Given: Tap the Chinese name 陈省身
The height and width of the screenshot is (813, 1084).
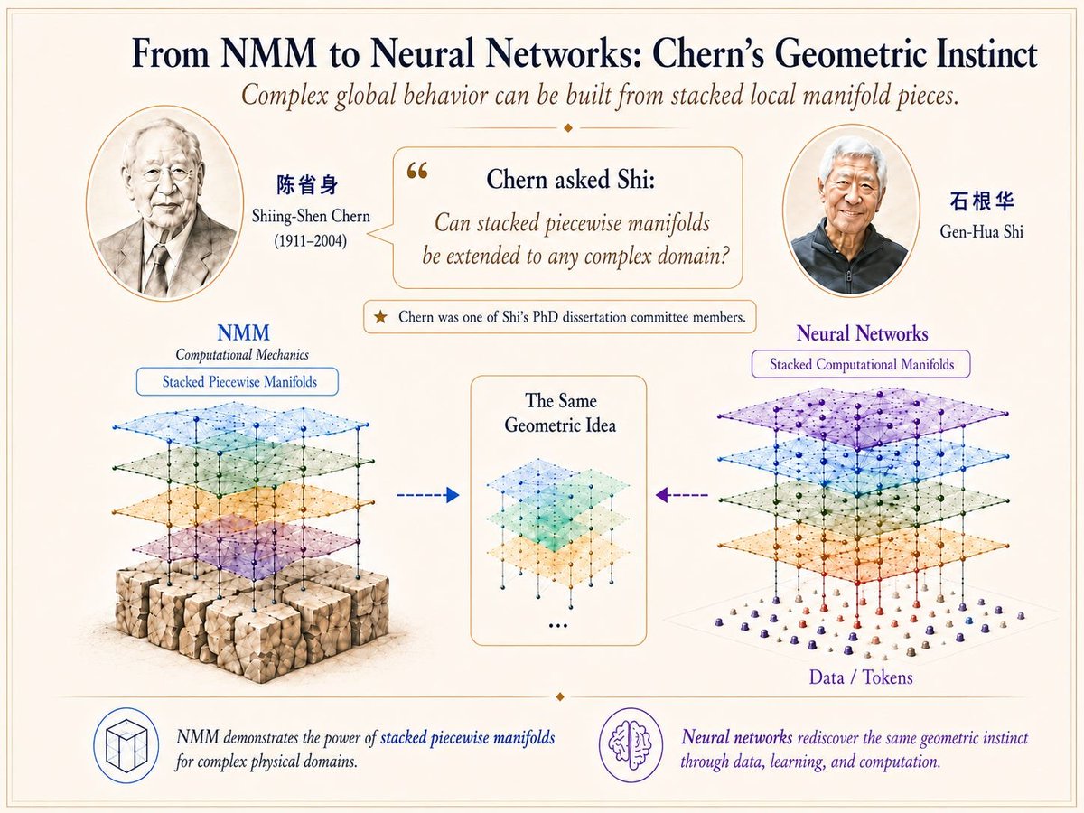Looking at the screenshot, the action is [307, 185].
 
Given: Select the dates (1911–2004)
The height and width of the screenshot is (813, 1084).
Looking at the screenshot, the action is [311, 241].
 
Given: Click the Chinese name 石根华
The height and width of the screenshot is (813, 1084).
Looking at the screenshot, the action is [982, 201].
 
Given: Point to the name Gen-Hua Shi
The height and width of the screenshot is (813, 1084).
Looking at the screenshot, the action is [981, 231].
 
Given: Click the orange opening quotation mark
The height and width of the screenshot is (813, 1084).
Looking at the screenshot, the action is [417, 171].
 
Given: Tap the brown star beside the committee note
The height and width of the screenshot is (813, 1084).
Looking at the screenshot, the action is [380, 317].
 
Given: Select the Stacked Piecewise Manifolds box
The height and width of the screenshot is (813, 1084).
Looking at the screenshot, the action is [238, 381].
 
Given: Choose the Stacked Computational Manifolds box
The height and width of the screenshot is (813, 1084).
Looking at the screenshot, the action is [861, 364].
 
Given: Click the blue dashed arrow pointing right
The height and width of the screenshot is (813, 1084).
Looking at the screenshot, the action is [428, 495].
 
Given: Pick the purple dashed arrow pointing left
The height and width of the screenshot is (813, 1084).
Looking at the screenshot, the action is [681, 495].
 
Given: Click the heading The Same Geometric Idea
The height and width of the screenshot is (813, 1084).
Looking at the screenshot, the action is [560, 413].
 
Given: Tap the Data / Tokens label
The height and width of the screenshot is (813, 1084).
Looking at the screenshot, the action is [861, 677].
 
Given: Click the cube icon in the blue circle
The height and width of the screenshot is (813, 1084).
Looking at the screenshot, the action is [126, 745].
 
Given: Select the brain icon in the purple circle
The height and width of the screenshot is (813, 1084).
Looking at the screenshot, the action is [631, 745].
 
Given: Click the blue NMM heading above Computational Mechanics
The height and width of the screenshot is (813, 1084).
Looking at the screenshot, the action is [244, 332].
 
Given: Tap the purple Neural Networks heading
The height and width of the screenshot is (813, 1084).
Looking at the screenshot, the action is [863, 333].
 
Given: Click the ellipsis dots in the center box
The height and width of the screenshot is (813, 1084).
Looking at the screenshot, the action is [558, 626].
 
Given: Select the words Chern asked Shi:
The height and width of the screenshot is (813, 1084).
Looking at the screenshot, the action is [570, 179].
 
